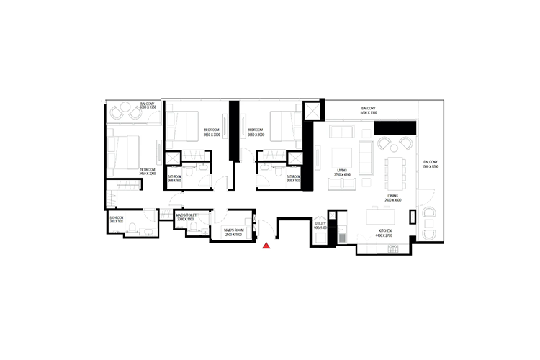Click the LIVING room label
click(x=342, y=171)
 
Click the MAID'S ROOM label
click(x=235, y=232)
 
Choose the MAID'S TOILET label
click(x=186, y=216)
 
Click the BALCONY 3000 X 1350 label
click(x=148, y=106)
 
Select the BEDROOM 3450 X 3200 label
click(x=148, y=172)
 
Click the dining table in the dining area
click(x=396, y=171)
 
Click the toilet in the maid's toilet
click(x=194, y=227)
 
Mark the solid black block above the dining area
click(x=395, y=127)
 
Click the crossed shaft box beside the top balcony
click(x=312, y=112)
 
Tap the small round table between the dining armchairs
click(x=428, y=222)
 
